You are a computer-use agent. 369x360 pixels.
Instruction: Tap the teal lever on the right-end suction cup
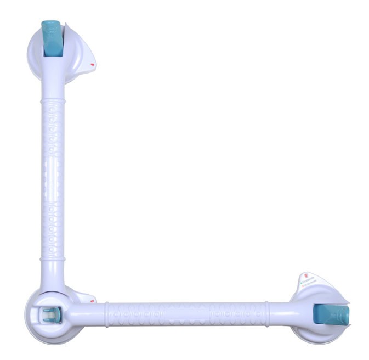(331, 314)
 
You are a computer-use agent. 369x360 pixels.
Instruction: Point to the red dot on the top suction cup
(92, 65)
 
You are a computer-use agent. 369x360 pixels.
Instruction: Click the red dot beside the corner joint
(93, 301)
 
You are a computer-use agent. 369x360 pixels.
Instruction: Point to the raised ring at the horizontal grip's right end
(267, 313)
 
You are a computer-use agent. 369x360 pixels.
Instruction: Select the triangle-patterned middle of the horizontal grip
(186, 313)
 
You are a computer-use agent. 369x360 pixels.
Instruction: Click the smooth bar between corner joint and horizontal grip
(88, 314)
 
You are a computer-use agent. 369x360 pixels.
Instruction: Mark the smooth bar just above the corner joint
(53, 277)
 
